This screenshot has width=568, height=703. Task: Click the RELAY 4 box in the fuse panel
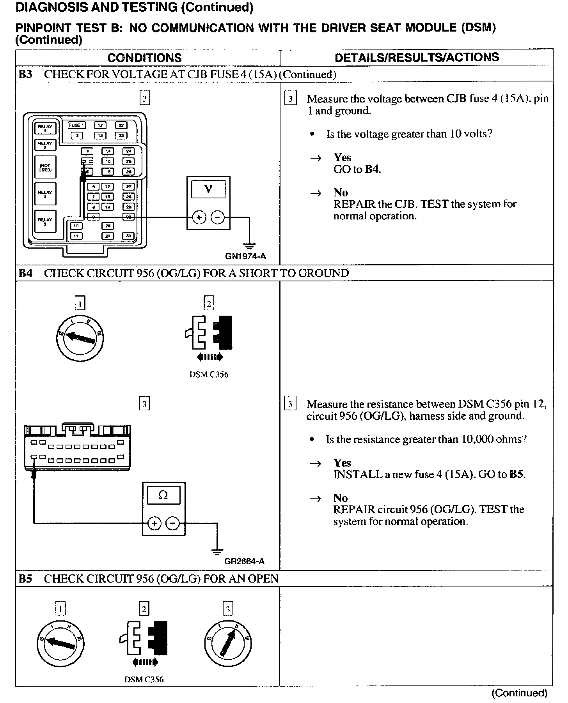click(x=45, y=194)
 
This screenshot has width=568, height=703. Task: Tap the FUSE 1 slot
click(x=76, y=125)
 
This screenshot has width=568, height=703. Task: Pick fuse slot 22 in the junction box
click(x=121, y=125)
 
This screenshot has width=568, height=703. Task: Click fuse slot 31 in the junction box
click(x=128, y=236)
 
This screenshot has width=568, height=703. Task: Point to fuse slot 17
click(x=108, y=187)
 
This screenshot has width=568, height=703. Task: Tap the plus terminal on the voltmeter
click(x=199, y=217)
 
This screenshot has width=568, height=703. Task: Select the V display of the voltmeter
click(x=208, y=190)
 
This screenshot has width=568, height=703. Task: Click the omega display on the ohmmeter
click(x=163, y=496)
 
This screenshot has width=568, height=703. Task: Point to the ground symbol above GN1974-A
click(x=250, y=246)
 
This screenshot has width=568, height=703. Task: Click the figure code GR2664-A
click(x=245, y=561)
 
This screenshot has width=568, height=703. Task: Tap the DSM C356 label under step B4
click(x=209, y=374)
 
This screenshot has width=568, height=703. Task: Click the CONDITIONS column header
click(x=144, y=58)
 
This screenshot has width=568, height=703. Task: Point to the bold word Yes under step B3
click(x=342, y=157)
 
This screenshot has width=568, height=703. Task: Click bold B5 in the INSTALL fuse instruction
click(x=517, y=475)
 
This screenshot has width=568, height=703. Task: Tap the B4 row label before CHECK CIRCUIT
click(x=25, y=273)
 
